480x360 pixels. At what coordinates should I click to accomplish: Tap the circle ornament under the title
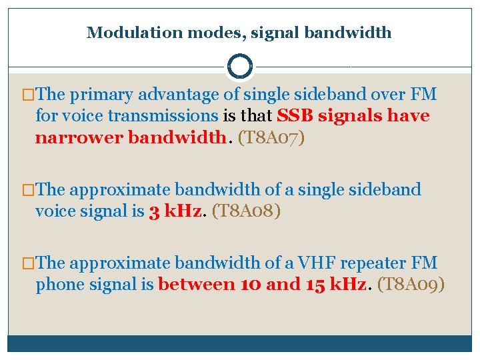(x=240, y=67)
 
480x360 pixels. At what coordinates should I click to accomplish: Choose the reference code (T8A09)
(x=411, y=285)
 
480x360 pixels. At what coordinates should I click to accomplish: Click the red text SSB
(x=295, y=116)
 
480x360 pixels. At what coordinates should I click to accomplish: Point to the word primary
(x=99, y=95)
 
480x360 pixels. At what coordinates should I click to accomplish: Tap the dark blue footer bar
(x=240, y=343)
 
